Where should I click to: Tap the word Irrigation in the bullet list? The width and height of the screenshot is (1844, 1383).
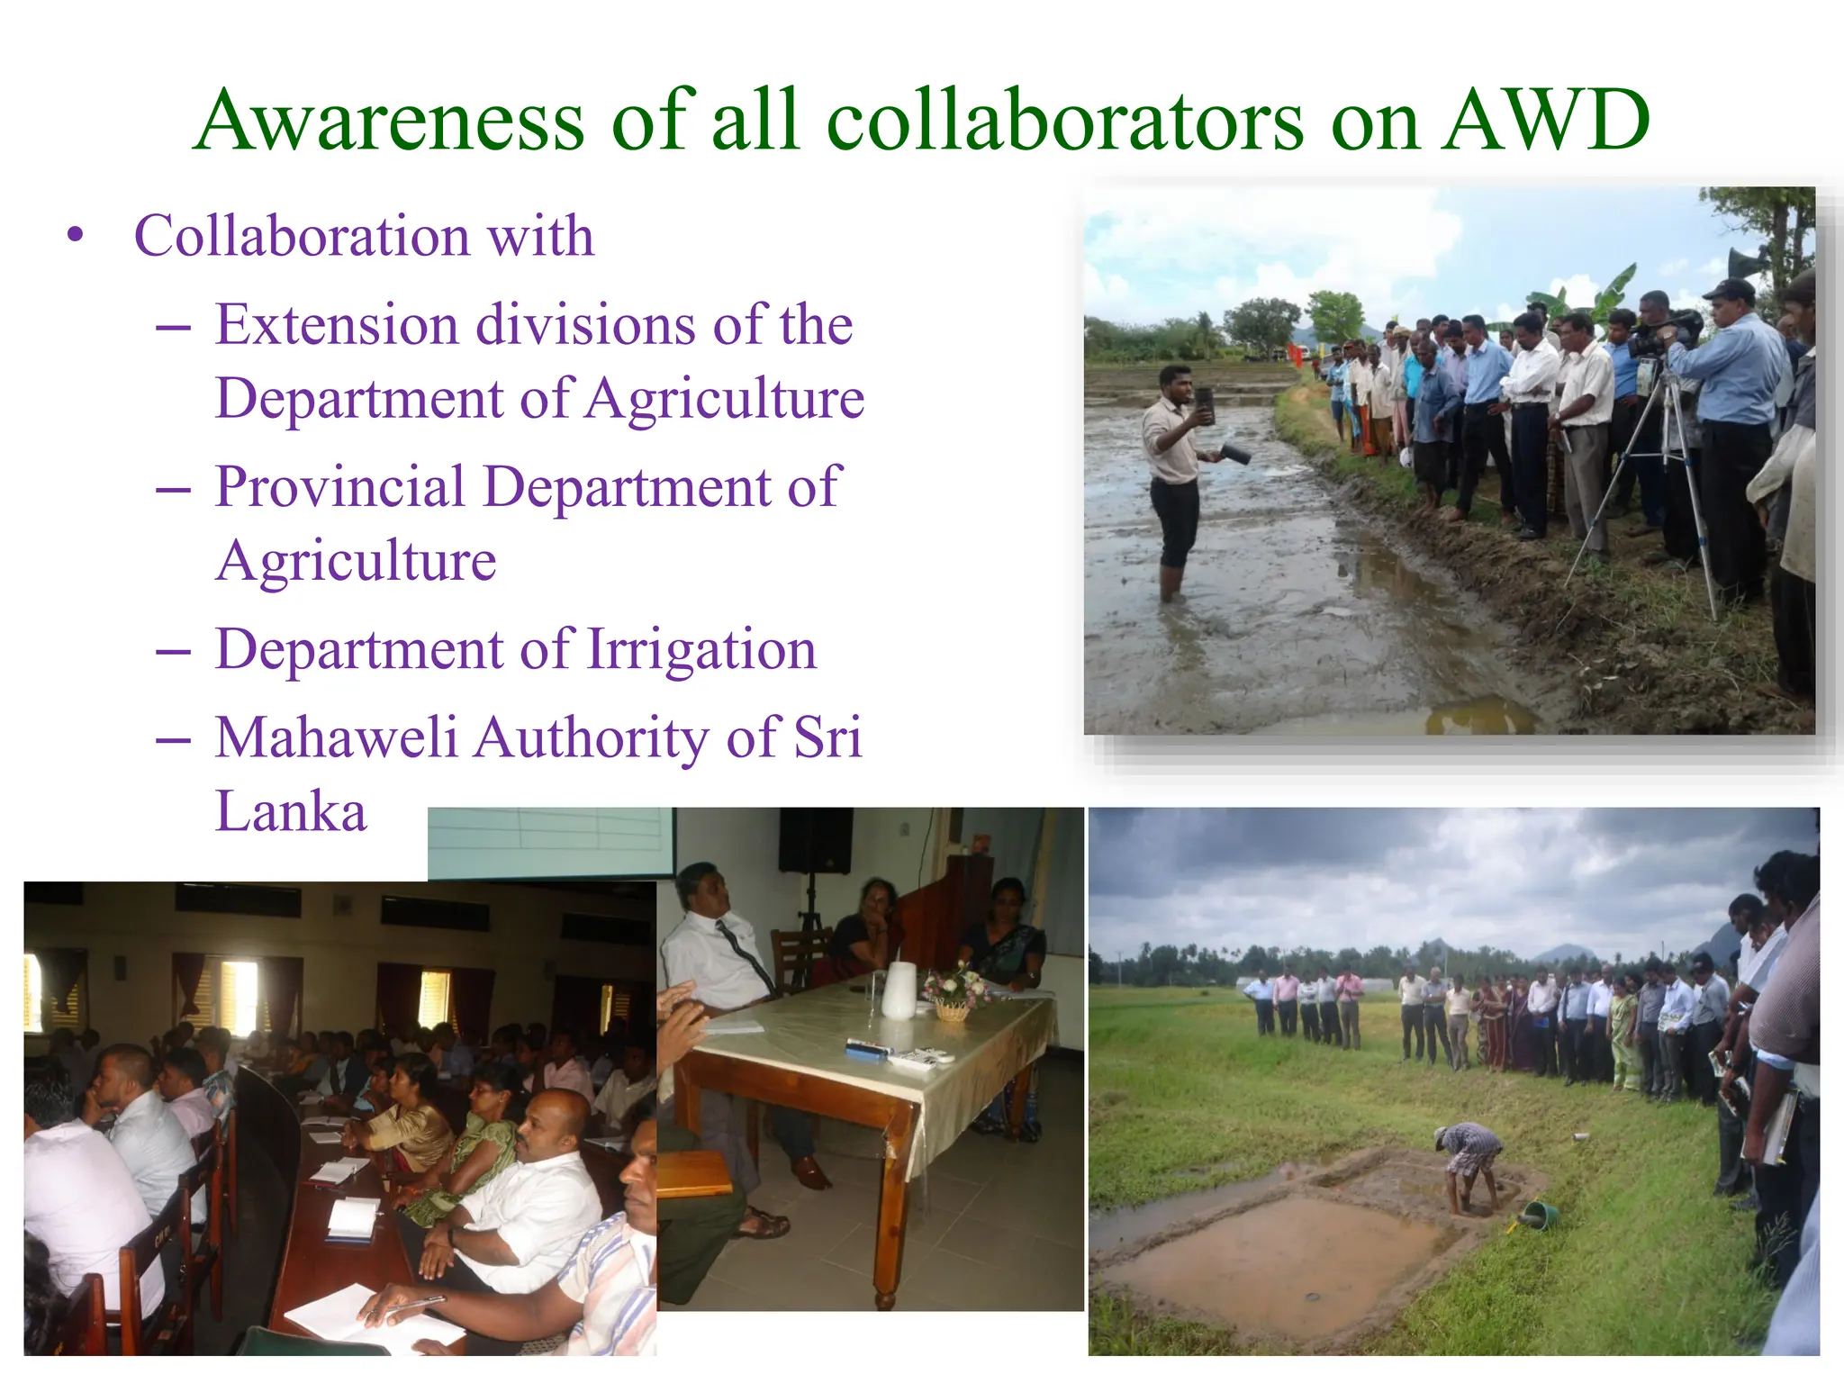tap(701, 649)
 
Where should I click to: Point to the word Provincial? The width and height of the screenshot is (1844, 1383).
tap(340, 487)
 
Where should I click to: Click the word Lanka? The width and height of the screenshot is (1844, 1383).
tap(291, 811)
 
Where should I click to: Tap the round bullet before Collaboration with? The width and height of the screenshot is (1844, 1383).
tap(76, 236)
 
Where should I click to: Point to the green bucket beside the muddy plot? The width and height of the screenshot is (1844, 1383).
tap(1540, 1214)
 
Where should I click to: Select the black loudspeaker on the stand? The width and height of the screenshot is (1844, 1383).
tap(815, 840)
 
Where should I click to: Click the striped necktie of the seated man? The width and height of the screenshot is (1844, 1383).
tap(746, 955)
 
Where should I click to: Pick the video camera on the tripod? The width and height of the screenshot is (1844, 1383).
tap(1661, 338)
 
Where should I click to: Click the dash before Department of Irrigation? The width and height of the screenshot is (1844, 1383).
tap(172, 651)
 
